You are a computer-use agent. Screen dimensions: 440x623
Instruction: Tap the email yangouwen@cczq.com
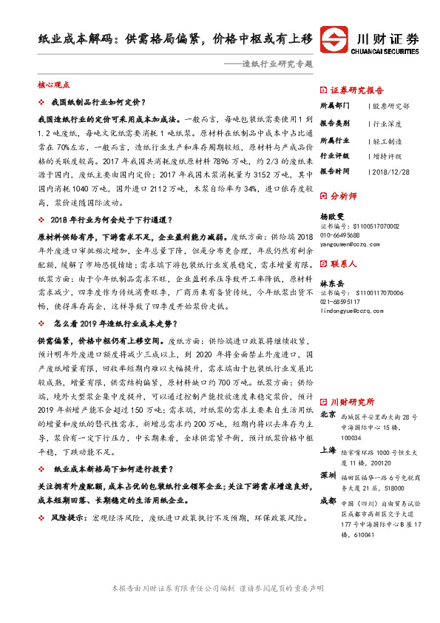pos(350,243)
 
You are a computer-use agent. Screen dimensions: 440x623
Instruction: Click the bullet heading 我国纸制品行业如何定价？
pos(98,102)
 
